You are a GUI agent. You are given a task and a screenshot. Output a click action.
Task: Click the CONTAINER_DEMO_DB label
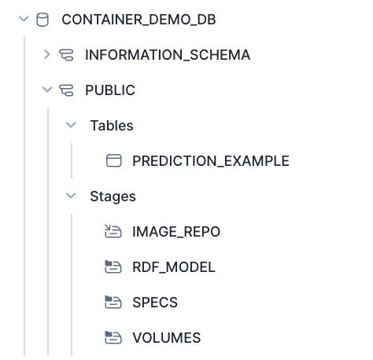pos(138,20)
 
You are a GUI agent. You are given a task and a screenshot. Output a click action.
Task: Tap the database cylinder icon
pos(42,20)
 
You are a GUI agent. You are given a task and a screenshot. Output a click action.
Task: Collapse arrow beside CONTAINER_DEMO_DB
pos(24,19)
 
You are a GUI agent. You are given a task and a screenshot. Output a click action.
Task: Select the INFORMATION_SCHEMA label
pos(168,55)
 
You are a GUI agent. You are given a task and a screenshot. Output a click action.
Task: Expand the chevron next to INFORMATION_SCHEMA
pos(47,54)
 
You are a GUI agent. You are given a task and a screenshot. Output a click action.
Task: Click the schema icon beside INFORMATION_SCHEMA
pos(66,55)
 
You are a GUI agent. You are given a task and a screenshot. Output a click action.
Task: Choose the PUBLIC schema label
pos(110,90)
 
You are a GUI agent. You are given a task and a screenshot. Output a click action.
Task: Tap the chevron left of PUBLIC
pos(47,90)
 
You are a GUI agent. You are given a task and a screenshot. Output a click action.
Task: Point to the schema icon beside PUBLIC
pos(66,90)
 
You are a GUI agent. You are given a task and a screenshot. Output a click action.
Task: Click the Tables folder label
pos(112,126)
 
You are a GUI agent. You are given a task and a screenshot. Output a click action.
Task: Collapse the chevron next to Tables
pos(71,125)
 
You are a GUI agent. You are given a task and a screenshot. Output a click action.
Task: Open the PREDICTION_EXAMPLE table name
pos(211,161)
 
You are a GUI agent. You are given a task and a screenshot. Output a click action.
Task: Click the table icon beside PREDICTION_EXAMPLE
pos(114,160)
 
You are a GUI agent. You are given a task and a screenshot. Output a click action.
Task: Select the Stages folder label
pos(113,197)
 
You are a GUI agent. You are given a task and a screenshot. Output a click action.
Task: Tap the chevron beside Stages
pos(71,196)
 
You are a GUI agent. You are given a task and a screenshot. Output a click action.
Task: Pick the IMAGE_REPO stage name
pos(176,232)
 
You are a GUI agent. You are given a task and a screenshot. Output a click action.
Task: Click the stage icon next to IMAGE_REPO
pos(113,231)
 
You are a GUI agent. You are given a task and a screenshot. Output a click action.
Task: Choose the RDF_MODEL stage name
pos(174,267)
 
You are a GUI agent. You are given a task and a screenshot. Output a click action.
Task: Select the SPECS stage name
pos(155,303)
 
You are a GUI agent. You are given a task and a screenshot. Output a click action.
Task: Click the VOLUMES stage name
pos(167,338)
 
